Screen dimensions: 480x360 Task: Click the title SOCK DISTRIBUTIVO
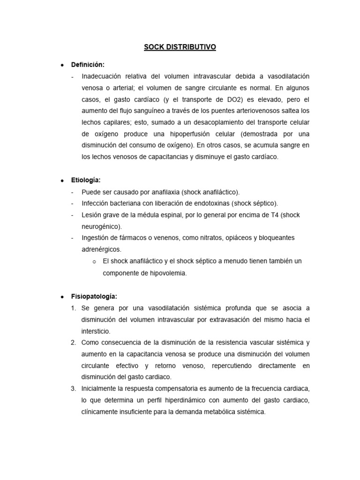pyautogui.click(x=180, y=47)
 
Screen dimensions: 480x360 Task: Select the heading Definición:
pyautogui.click(x=88, y=64)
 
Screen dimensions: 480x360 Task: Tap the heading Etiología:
pyautogui.click(x=86, y=180)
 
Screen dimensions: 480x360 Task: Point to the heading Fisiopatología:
pyautogui.click(x=94, y=297)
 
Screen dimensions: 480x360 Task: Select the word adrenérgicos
pyautogui.click(x=101, y=249)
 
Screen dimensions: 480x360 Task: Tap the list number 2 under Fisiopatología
pyautogui.click(x=74, y=343)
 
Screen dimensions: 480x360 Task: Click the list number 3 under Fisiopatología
pyautogui.click(x=74, y=389)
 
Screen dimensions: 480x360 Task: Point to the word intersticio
pyautogui.click(x=96, y=331)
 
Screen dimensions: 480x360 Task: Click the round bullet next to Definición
pyautogui.click(x=61, y=65)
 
